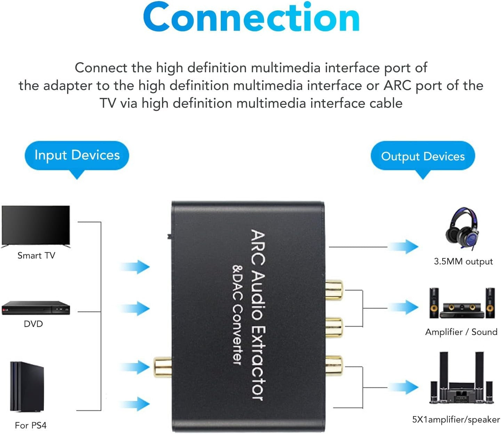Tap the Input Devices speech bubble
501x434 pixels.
point(77,155)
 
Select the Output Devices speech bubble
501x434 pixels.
point(423,156)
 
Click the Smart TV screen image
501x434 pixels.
point(36,225)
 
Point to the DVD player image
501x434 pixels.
point(36,308)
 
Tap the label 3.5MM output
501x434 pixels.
point(463,261)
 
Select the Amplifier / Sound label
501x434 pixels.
point(461,332)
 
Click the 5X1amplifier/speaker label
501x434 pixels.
point(456,419)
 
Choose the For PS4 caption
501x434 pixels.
point(31,425)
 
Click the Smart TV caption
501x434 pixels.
point(36,255)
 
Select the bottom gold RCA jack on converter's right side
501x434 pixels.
point(334,365)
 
